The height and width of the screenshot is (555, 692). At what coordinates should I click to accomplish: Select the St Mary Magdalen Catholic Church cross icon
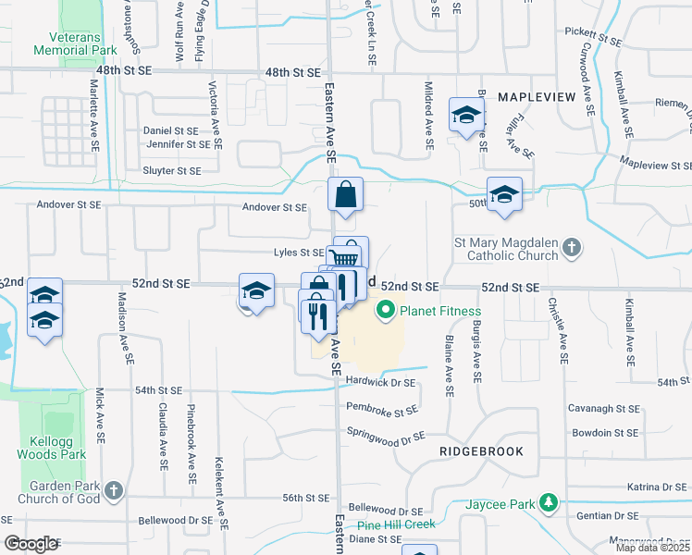point(572,247)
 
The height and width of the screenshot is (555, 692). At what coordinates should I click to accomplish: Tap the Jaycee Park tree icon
point(550,503)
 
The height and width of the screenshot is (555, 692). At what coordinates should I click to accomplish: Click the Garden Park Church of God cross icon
point(113,489)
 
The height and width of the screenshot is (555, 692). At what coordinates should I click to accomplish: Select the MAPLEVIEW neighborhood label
point(537,97)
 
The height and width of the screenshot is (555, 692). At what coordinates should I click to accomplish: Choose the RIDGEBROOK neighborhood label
point(481,451)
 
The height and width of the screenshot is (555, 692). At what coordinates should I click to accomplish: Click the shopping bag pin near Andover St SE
point(345,195)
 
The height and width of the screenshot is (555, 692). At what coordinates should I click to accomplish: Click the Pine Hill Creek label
point(396,524)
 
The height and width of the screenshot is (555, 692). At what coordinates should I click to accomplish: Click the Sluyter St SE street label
point(172,171)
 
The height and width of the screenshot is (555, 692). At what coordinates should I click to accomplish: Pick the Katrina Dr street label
point(661,487)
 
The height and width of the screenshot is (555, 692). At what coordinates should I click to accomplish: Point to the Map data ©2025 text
point(653,548)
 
